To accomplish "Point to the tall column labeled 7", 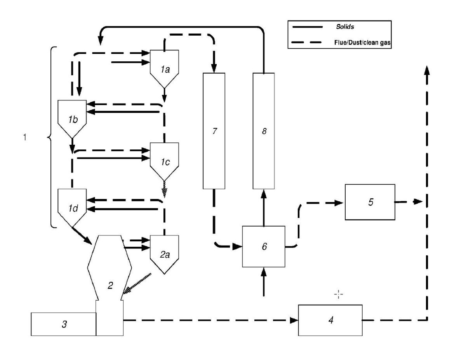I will point(214,131).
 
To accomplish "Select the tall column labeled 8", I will point(264,131).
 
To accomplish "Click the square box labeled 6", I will point(264,246).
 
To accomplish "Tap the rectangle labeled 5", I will point(370,202).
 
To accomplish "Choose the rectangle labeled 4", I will point(330,320).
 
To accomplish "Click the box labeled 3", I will point(63,324).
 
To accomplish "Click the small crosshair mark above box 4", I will point(339,295).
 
